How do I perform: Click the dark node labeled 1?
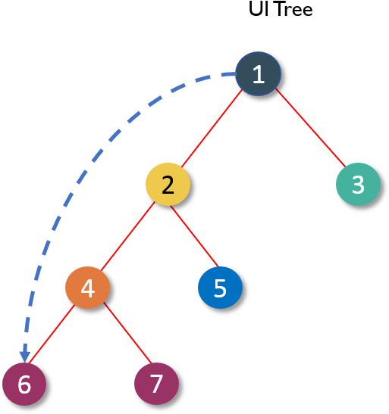(x=258, y=73)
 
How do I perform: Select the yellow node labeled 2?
(x=168, y=184)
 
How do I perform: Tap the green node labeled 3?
(x=358, y=184)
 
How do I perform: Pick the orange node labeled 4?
(x=87, y=288)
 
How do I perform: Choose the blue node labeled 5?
(x=220, y=288)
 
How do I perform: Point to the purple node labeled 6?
(x=24, y=384)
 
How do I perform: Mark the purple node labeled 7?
(x=156, y=384)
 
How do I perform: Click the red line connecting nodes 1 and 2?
(x=212, y=129)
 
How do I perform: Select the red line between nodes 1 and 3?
(x=310, y=127)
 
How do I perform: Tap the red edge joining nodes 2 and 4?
(x=127, y=236)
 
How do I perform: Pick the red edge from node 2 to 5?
(x=195, y=236)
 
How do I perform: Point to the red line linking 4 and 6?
(x=52, y=334)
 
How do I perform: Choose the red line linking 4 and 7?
(x=128, y=333)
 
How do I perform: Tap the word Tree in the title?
(x=294, y=9)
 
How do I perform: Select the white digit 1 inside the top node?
(x=259, y=74)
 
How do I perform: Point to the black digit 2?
(x=168, y=185)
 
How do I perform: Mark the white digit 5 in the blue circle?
(x=220, y=288)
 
